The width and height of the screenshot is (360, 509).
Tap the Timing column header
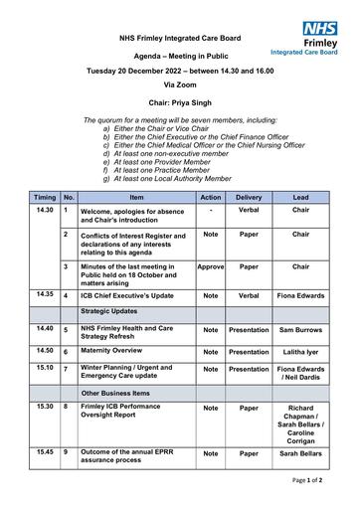coord(45,198)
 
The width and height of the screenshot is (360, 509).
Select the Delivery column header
coord(249,198)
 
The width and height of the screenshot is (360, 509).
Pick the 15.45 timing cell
coord(45,452)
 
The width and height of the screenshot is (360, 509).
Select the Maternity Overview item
coord(111,351)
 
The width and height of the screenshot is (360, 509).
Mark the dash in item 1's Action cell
coord(211,210)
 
